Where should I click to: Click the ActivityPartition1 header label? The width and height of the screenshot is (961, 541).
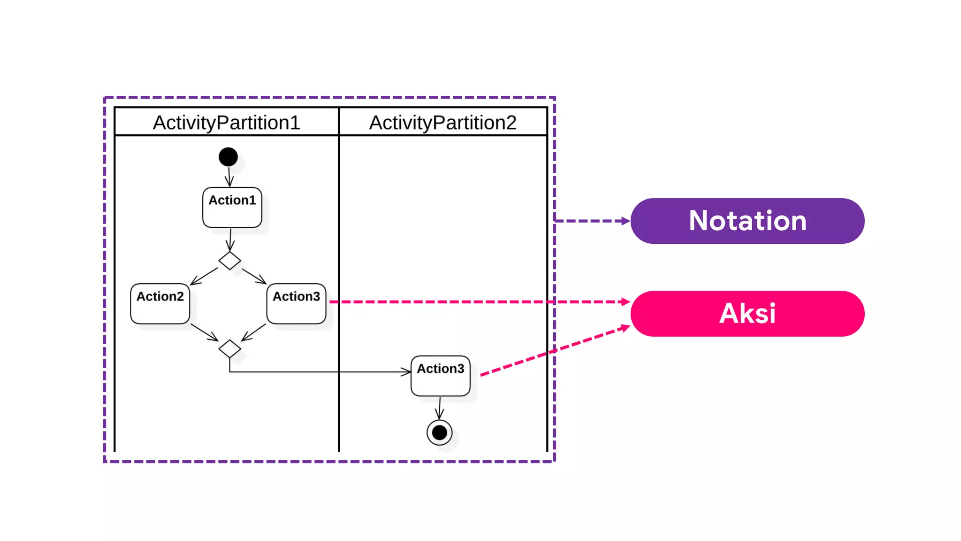(226, 123)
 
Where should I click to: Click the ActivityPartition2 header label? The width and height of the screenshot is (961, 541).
(442, 123)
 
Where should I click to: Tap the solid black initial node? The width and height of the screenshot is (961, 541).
(228, 157)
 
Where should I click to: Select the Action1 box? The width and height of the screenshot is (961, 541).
(232, 208)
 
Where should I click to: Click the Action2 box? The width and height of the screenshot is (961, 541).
(160, 304)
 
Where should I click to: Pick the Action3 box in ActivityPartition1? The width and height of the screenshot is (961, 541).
(296, 304)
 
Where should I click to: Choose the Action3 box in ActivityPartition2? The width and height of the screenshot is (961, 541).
(440, 376)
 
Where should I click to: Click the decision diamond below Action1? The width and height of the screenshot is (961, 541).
(229, 261)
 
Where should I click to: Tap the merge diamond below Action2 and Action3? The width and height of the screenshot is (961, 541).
(229, 348)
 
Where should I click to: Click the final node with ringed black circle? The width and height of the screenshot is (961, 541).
(439, 433)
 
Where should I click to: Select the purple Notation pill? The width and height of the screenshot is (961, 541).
(747, 221)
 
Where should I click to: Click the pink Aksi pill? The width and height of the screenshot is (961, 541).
(747, 313)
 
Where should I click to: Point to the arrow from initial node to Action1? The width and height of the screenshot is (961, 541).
(229, 177)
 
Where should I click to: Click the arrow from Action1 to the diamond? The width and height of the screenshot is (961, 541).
(230, 240)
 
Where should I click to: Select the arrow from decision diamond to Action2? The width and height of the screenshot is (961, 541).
(204, 276)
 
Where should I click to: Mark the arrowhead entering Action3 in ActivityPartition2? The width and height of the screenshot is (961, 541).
(406, 372)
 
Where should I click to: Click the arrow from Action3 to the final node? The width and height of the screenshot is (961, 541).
(440, 408)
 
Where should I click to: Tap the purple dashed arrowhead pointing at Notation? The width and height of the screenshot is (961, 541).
(625, 221)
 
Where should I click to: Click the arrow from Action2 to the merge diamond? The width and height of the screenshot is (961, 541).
(205, 332)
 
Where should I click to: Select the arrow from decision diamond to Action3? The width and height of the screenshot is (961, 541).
(254, 276)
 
